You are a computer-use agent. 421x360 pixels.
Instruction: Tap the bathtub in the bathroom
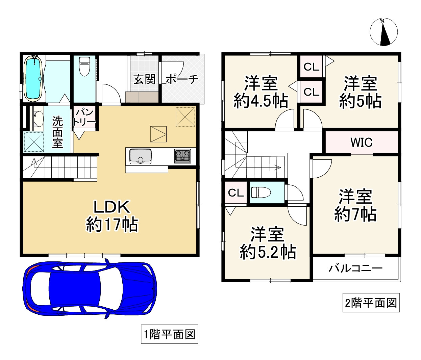(33, 78)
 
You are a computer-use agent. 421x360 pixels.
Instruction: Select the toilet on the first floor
(84, 66)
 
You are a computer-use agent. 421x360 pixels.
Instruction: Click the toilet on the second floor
(261, 192)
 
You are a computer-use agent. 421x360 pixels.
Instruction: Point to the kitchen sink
(140, 156)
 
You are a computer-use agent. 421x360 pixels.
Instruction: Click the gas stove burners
(182, 156)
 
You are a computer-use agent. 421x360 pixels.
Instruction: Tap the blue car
(90, 288)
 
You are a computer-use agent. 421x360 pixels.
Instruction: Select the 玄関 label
(144, 79)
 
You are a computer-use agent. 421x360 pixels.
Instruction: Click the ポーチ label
(182, 79)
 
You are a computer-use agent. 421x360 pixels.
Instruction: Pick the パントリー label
(84, 117)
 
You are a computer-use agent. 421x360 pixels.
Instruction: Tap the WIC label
(362, 142)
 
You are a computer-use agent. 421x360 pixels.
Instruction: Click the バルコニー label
(355, 268)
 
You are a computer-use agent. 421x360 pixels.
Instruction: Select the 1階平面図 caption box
(170, 334)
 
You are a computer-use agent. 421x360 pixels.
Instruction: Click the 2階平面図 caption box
(371, 303)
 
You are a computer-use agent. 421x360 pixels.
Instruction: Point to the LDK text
(112, 207)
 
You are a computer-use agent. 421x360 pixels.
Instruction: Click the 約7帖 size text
(355, 214)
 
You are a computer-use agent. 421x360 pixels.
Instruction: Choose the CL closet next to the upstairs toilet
(236, 192)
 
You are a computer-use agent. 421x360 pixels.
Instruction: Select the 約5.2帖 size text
(268, 252)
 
